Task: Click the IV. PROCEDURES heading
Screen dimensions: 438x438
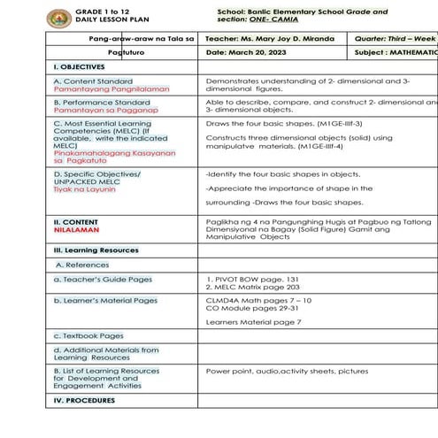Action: coord(84,400)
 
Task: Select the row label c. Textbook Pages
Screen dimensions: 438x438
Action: coord(88,335)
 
